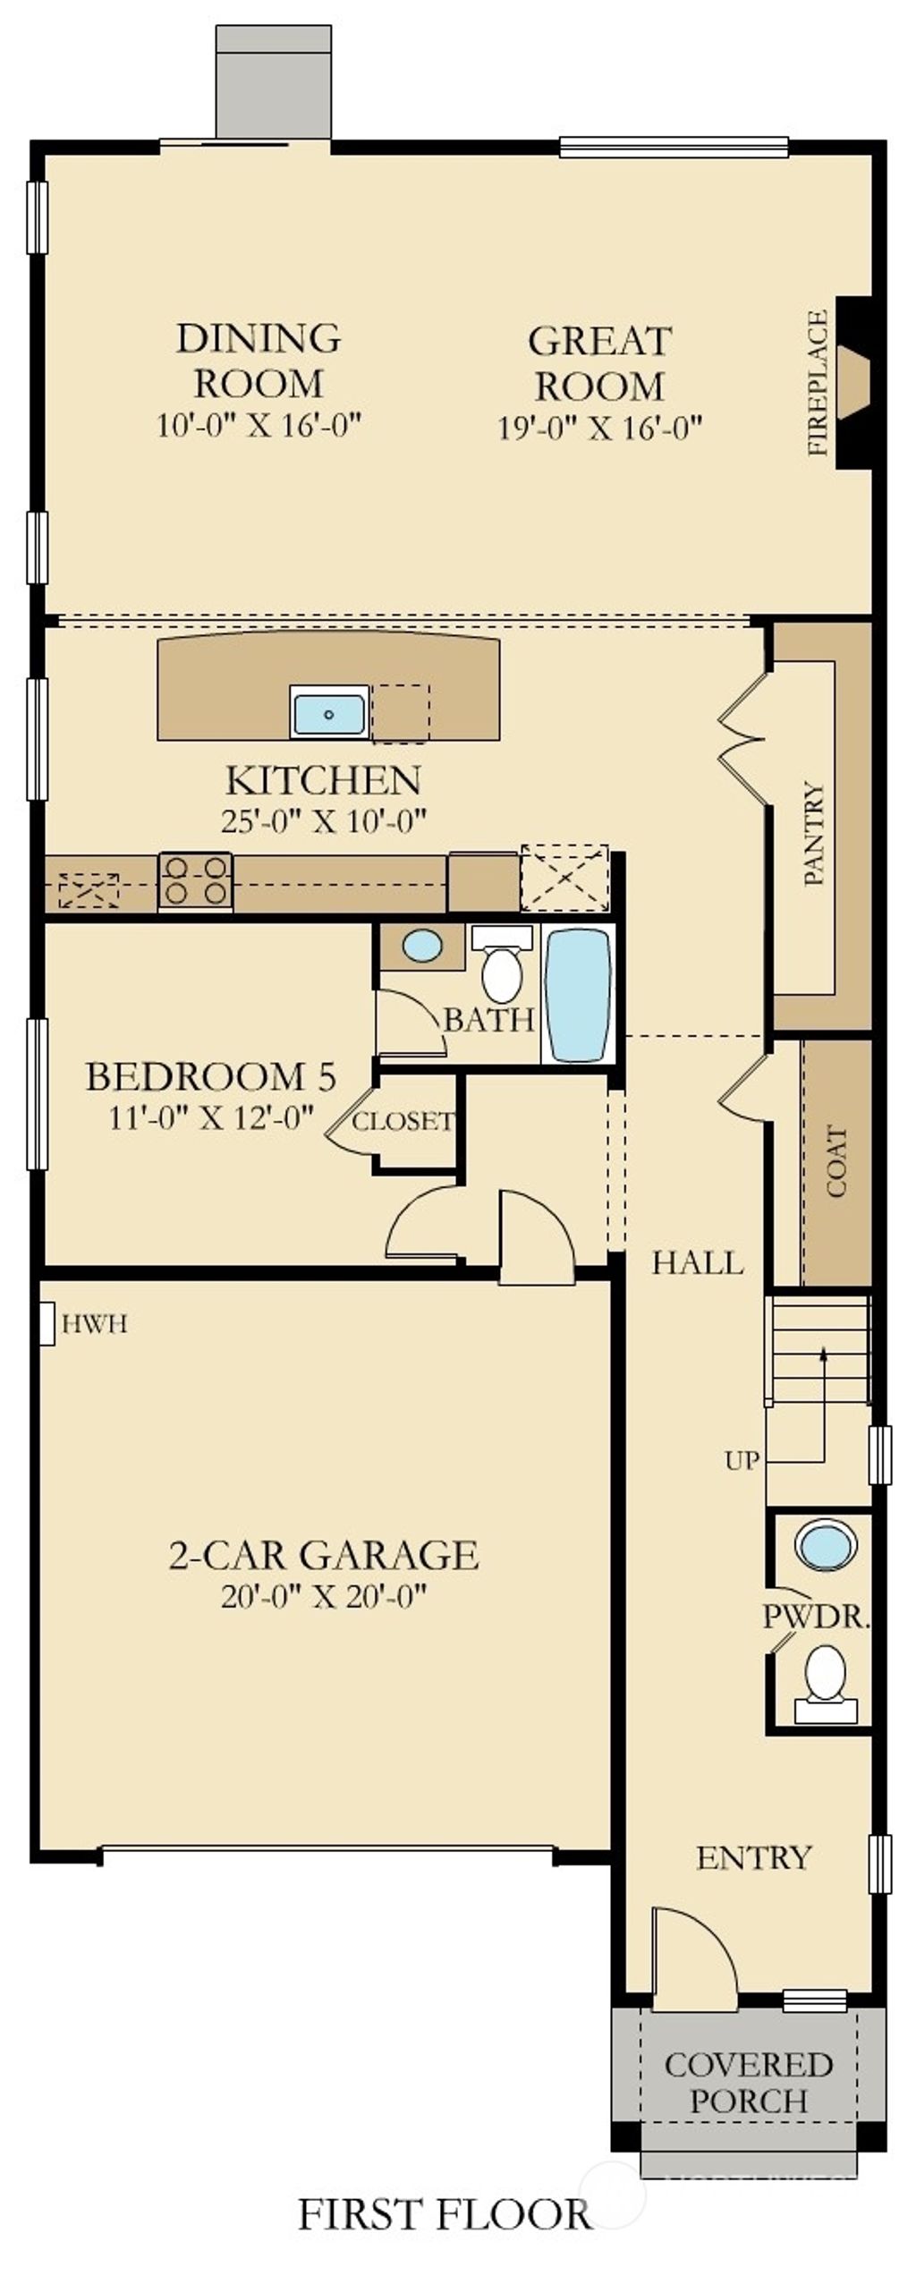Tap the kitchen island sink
coord(329,713)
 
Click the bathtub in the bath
coord(578,994)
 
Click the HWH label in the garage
coord(94,1324)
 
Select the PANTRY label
coord(814,833)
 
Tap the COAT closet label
coord(837,1161)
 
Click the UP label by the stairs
coord(742,1461)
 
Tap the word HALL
coord(698,1262)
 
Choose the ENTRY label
coord(753,1857)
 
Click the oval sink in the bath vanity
coord(422,946)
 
